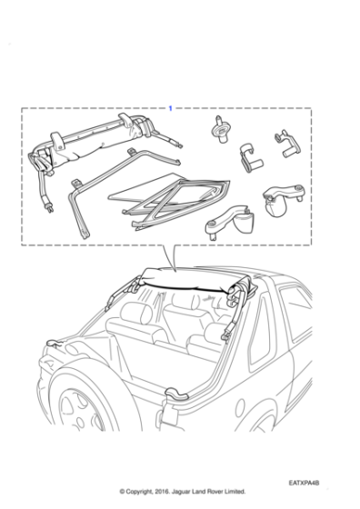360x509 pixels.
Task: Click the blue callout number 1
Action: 170,109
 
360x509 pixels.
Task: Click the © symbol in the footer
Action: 122,491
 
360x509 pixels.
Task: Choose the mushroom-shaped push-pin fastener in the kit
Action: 218,128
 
